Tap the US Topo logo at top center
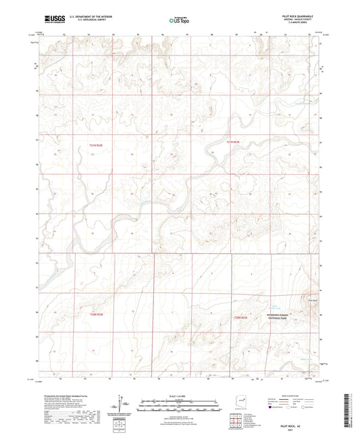pos(176,21)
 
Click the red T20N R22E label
pos(97,315)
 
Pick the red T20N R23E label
pos(241,317)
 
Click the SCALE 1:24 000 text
pos(180,396)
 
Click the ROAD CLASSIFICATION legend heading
pos(295,396)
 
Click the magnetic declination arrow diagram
pos(122,405)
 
